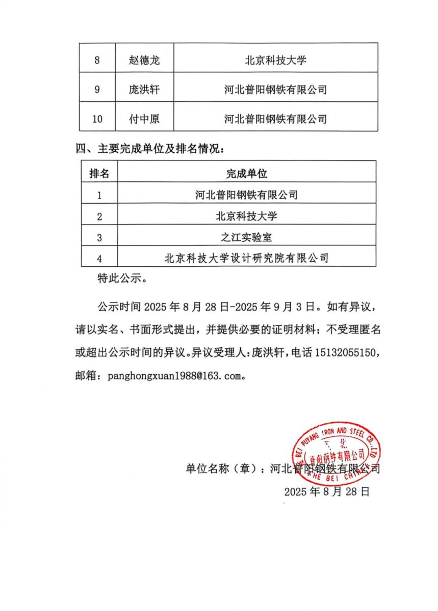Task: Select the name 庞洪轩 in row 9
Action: pyautogui.click(x=144, y=90)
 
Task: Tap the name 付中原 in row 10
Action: pyautogui.click(x=144, y=119)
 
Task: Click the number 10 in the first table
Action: pyautogui.click(x=98, y=119)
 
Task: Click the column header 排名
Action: pyautogui.click(x=99, y=173)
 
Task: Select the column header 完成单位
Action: pyautogui.click(x=247, y=173)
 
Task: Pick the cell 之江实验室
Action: pyautogui.click(x=247, y=237)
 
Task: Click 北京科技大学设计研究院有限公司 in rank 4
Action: pyautogui.click(x=247, y=258)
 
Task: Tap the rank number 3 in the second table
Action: pyautogui.click(x=99, y=237)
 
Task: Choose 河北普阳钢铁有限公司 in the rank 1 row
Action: pyautogui.click(x=247, y=195)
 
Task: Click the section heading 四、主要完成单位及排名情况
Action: pyautogui.click(x=150, y=149)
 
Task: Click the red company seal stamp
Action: pyautogui.click(x=335, y=451)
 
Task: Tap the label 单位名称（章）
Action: pyautogui.click(x=225, y=468)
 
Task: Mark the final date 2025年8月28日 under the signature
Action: pyautogui.click(x=326, y=492)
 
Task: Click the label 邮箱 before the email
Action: pyautogui.click(x=87, y=377)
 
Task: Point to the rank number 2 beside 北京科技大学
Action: pyautogui.click(x=99, y=216)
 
